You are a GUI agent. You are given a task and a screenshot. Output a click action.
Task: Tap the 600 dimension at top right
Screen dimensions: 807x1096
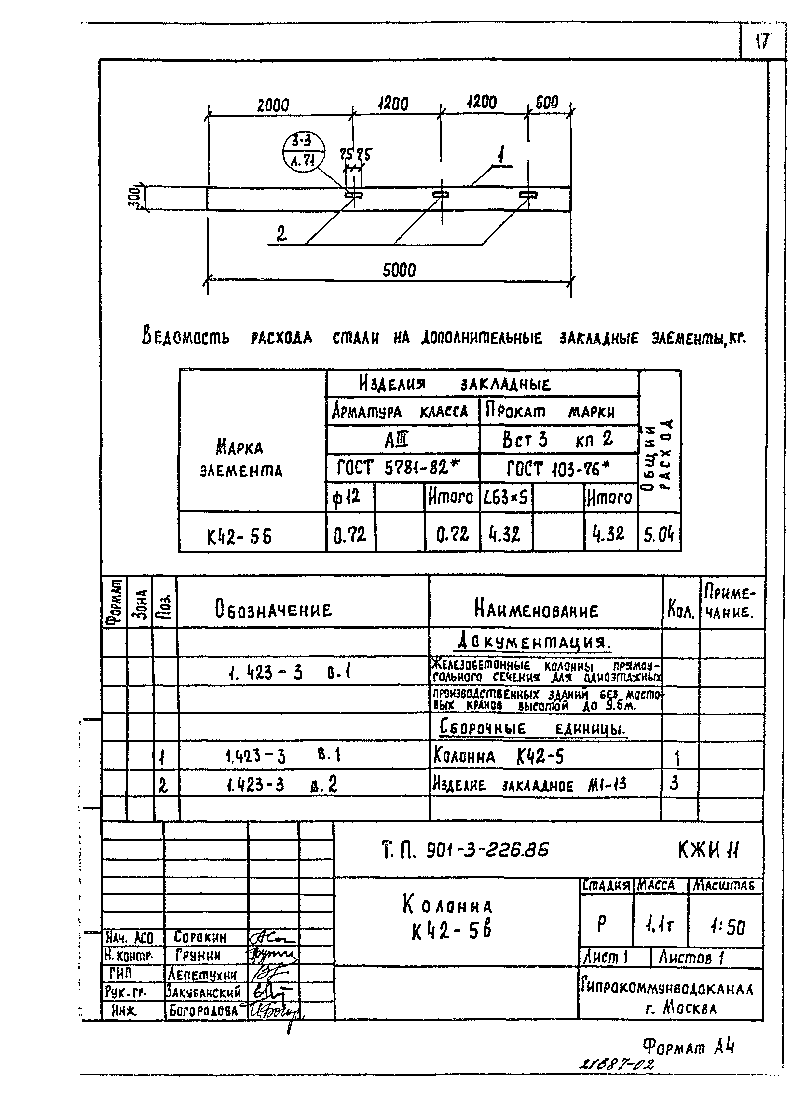pyautogui.click(x=547, y=103)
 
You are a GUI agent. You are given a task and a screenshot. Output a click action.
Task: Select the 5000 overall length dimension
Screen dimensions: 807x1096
pyautogui.click(x=399, y=270)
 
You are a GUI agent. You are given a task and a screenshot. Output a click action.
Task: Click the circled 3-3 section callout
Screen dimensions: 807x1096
pyautogui.click(x=304, y=150)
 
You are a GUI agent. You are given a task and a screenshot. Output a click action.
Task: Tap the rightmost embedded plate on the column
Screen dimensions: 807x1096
pyautogui.click(x=528, y=195)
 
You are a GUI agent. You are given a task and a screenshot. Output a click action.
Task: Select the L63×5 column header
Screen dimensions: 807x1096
pyautogui.click(x=506, y=498)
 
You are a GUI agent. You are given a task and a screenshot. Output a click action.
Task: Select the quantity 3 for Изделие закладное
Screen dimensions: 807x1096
pyautogui.click(x=674, y=784)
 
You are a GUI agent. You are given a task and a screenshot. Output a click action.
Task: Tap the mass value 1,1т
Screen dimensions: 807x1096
pyautogui.click(x=660, y=924)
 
